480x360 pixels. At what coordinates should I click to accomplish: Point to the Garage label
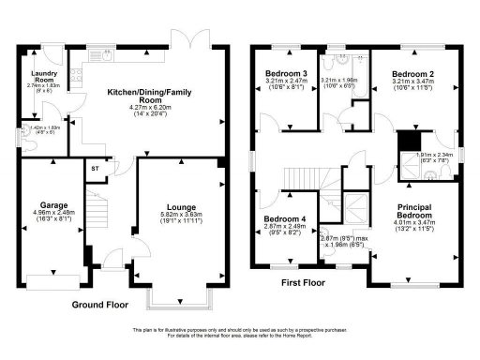coord(52,204)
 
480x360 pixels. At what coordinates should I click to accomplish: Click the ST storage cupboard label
coord(95,169)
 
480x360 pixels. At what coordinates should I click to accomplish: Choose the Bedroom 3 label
coord(287,73)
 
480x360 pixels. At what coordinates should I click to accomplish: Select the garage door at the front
coord(52,277)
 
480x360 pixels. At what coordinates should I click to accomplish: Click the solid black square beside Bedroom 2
coord(407,141)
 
